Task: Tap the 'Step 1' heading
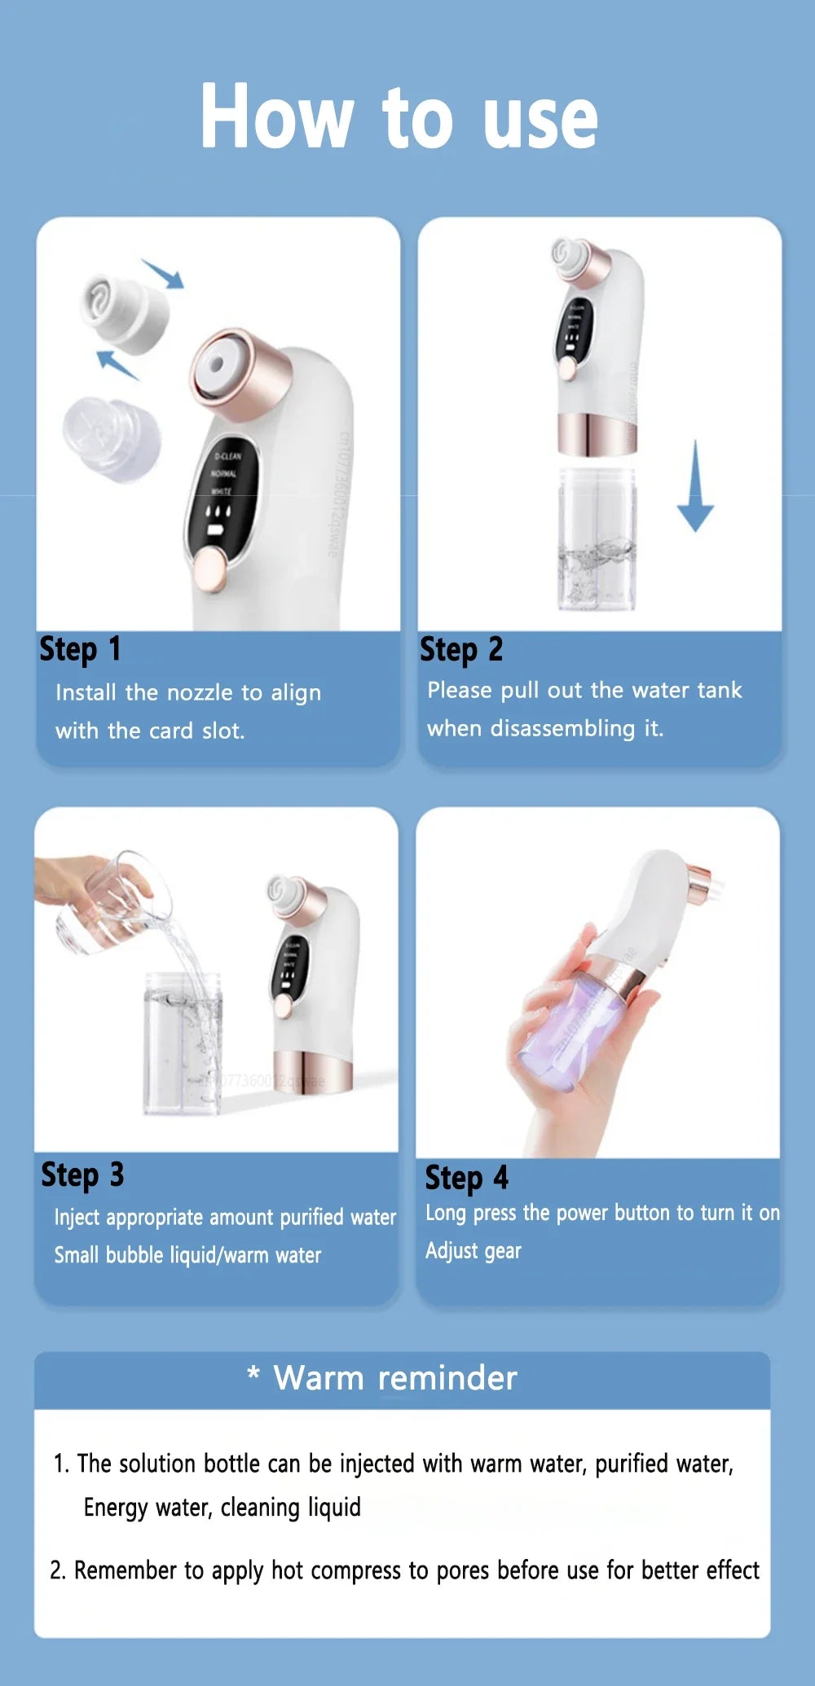80,649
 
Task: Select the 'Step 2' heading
461,649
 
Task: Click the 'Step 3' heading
82,1174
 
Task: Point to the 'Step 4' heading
466,1178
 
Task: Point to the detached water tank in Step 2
597,538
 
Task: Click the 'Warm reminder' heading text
394,1378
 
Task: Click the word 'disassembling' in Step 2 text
562,728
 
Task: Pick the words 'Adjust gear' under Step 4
473,1250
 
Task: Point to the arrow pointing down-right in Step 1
164,274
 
